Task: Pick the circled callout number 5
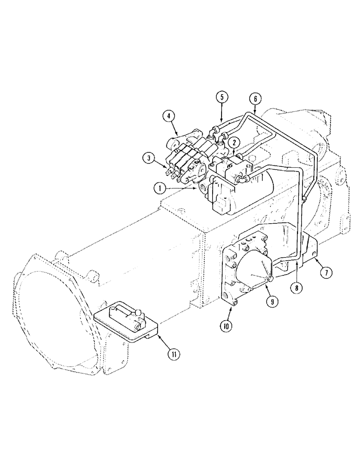click(222, 97)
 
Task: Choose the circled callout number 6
click(255, 99)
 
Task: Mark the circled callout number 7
click(325, 272)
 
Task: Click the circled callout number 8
click(295, 288)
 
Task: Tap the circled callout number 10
click(226, 326)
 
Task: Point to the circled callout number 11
click(173, 355)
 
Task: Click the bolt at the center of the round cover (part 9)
click(269, 279)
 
